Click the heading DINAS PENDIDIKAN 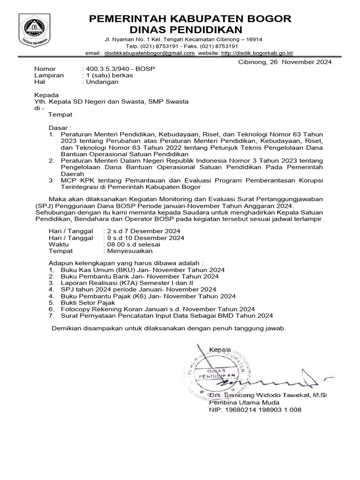click(190, 30)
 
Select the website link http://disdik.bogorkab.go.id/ click(263, 53)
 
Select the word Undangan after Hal click(102, 82)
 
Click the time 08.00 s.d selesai click(134, 244)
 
